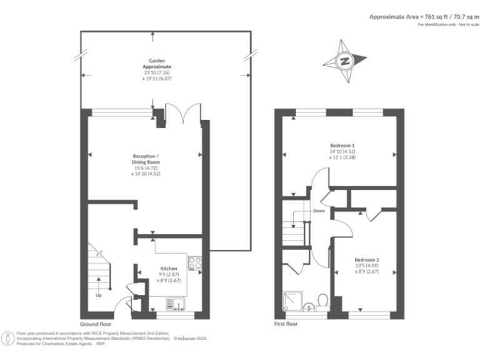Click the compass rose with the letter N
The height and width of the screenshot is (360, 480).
343,61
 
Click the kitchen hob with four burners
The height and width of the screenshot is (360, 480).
194,263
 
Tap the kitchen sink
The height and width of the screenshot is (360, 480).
173,304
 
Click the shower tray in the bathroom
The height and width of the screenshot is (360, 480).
292,302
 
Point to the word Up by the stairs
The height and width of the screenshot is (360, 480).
98,295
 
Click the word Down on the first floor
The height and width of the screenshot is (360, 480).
319,211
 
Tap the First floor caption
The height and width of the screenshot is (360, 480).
286,324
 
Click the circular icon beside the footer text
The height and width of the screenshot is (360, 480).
8,338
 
